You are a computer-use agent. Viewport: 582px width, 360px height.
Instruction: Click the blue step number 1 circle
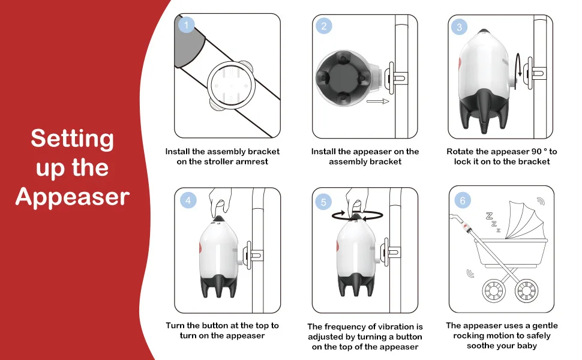(x=187, y=25)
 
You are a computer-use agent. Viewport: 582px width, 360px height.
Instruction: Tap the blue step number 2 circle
(x=324, y=26)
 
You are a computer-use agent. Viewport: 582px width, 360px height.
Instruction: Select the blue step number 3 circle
(x=459, y=27)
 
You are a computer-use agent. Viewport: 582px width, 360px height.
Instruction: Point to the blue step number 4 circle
(x=188, y=200)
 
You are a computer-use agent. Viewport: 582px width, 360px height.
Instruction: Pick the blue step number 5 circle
(x=323, y=202)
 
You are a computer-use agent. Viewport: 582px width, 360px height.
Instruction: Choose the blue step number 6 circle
(x=463, y=201)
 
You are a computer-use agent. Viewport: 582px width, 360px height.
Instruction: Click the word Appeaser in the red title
(x=73, y=197)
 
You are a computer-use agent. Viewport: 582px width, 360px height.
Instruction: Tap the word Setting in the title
(x=73, y=139)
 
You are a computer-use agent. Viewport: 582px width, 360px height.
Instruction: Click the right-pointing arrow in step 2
(x=377, y=101)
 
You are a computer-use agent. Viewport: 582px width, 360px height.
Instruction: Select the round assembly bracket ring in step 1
(x=231, y=85)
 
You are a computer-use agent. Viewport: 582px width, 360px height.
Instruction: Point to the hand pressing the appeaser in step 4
(x=220, y=203)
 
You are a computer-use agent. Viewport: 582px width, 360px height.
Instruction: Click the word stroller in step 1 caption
(x=222, y=161)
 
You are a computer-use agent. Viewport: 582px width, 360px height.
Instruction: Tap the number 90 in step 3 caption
(x=536, y=151)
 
